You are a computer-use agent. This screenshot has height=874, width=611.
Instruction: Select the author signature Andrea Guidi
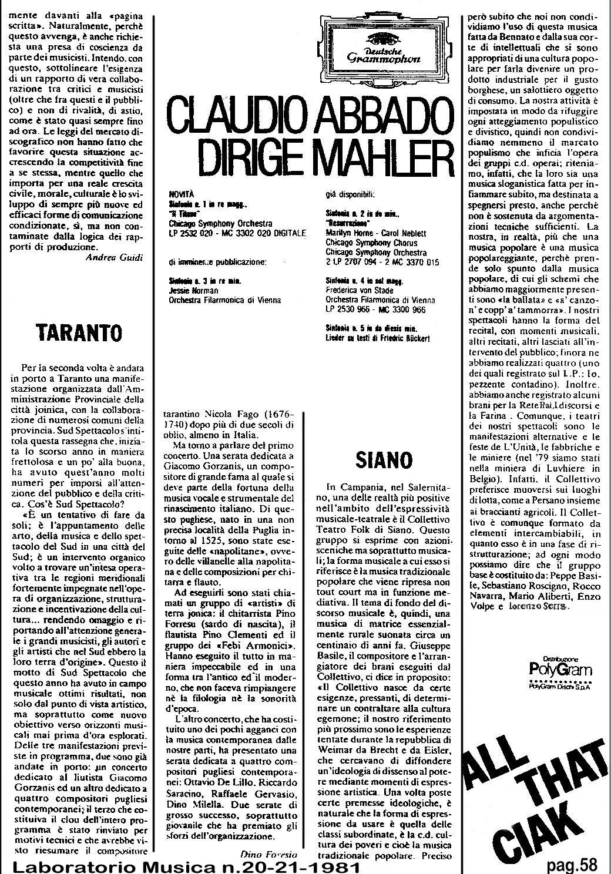coord(113,257)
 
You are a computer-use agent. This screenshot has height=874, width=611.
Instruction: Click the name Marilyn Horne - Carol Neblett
coord(375,233)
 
